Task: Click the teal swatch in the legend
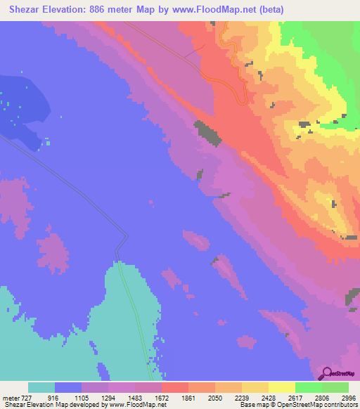point(41,387)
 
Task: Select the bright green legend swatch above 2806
point(309,387)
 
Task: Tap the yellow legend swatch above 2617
point(282,387)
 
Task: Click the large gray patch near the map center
point(207,132)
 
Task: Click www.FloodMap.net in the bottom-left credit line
point(133,405)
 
